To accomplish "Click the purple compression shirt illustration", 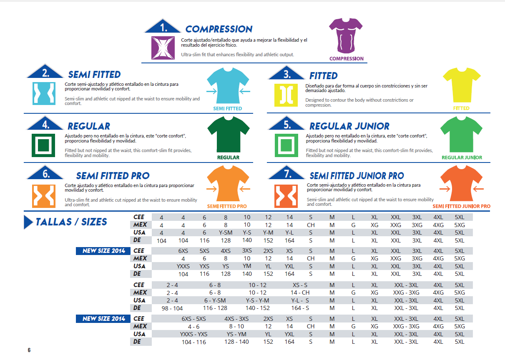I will (346, 35).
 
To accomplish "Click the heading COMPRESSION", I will (219, 29).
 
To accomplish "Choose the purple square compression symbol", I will (163, 47).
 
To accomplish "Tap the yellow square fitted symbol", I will (286, 95).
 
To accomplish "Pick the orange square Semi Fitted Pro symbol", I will (44, 196).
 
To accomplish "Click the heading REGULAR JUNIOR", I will (349, 126).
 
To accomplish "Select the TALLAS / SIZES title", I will (71, 222).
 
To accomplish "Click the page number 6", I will (29, 350).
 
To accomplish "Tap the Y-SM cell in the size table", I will (226, 232).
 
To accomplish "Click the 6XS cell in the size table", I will (183, 251).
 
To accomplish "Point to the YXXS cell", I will (183, 266).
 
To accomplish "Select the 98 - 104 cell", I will (172, 308).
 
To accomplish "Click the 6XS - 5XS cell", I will (193, 319).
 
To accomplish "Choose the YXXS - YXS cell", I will (193, 334).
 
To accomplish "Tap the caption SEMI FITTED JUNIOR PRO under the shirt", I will (461, 206).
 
